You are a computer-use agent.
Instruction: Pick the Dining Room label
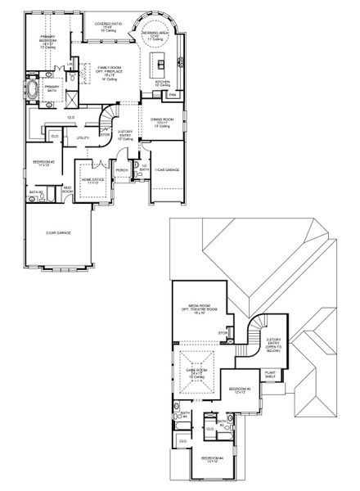pyautogui.click(x=160, y=123)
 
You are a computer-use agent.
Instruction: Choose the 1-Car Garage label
pyautogui.click(x=167, y=169)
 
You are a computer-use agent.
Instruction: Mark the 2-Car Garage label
pyautogui.click(x=58, y=233)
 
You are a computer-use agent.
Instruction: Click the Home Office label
pyautogui.click(x=91, y=180)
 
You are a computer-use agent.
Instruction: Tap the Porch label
pyautogui.click(x=122, y=170)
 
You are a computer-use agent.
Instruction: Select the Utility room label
pyautogui.click(x=83, y=137)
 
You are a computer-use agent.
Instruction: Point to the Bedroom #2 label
pyautogui.click(x=43, y=164)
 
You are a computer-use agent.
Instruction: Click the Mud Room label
pyautogui.click(x=67, y=191)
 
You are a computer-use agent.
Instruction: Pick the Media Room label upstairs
pyautogui.click(x=199, y=309)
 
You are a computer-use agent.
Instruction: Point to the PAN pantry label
pyautogui.click(x=173, y=96)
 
